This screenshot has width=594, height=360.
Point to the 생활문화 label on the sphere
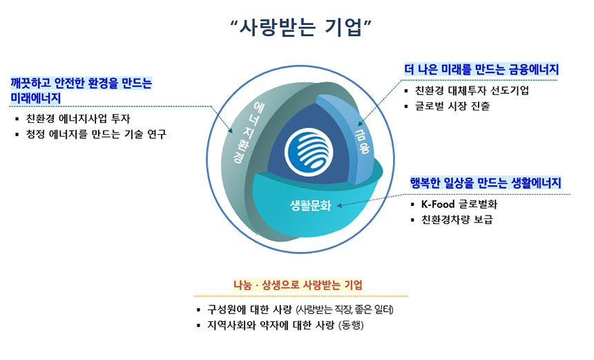tap(310, 205)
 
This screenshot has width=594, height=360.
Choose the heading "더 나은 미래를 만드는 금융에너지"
tap(481, 69)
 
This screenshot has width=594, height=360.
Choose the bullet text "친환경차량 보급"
tap(457, 220)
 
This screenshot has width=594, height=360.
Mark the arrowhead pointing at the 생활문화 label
tap(340, 205)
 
